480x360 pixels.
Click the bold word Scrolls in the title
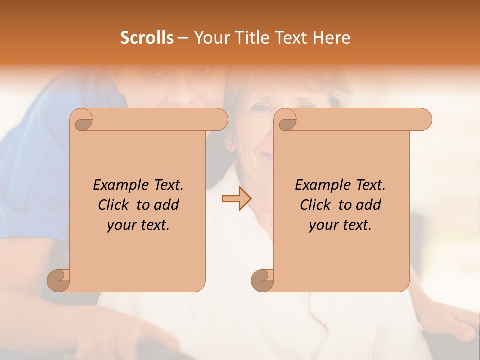click(147, 38)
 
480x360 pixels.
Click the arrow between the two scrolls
click(237, 199)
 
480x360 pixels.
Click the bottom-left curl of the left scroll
click(58, 280)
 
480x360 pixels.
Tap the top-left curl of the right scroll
click(286, 120)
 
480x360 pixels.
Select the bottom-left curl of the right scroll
click(262, 280)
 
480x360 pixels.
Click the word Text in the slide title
click(288, 38)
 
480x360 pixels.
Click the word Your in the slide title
click(209, 38)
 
